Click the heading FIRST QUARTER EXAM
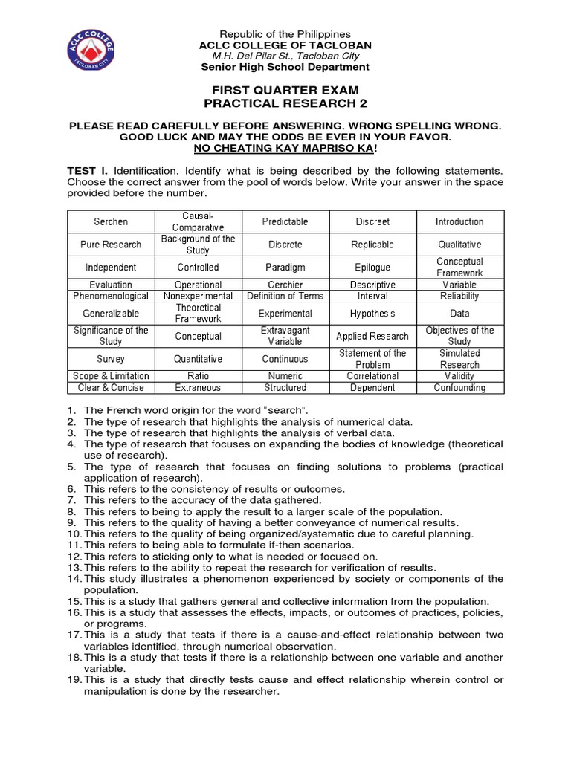point(285,90)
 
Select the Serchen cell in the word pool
point(111,221)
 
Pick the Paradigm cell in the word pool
point(285,267)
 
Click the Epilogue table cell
point(372,267)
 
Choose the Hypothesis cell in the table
point(372,314)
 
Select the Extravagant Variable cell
point(285,336)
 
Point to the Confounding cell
point(459,387)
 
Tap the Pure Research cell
point(111,245)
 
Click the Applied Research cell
point(372,336)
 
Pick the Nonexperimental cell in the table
point(198,296)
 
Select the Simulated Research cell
point(459,359)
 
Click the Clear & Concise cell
point(111,387)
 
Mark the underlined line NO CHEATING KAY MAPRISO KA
point(285,149)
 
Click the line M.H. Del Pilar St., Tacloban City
point(285,56)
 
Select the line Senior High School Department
point(285,67)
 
